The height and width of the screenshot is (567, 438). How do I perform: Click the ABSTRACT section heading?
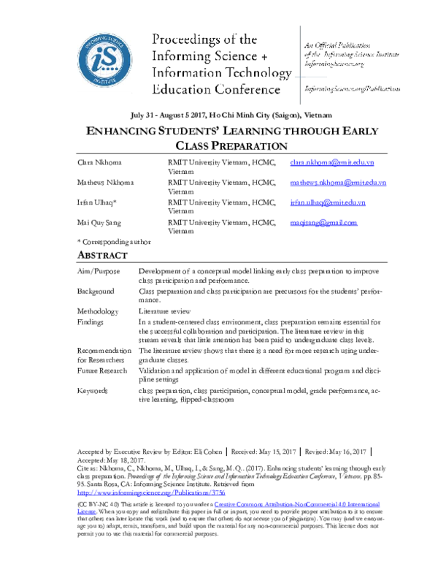coord(103,255)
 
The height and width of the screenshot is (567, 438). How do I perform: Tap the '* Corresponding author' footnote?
coord(114,240)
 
